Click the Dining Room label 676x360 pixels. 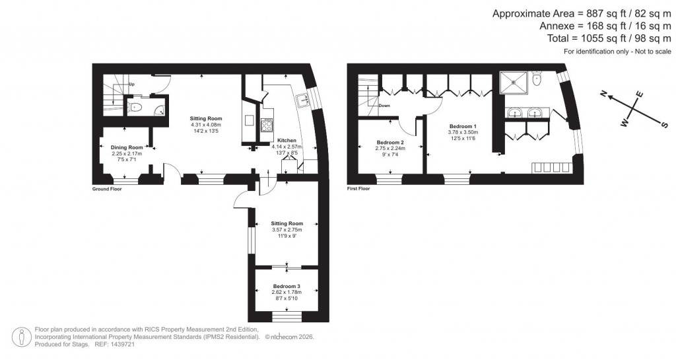[127, 147]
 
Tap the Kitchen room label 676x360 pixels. [287, 141]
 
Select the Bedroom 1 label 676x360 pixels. [463, 126]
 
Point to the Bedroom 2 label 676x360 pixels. [389, 143]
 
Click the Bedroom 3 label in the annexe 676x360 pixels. [287, 286]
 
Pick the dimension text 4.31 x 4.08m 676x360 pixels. [205, 125]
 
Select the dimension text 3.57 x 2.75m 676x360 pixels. [287, 229]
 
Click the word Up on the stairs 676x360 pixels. [132, 85]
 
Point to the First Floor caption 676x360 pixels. [358, 189]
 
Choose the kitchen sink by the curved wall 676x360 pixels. [304, 100]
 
